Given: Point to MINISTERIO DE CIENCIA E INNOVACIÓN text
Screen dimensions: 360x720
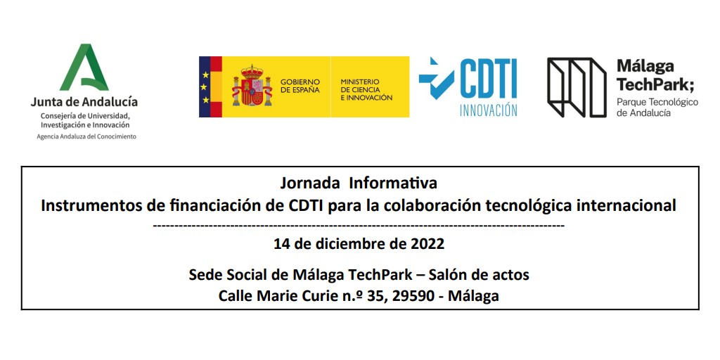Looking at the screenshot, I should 366,90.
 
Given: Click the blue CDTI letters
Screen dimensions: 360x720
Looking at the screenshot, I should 488,78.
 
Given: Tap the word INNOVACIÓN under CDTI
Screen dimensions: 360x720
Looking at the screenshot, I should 488,110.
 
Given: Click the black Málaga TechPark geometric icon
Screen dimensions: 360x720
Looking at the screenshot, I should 577,87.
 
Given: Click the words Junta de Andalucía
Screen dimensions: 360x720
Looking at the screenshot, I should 84,103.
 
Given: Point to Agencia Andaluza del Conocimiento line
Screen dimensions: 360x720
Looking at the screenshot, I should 86,136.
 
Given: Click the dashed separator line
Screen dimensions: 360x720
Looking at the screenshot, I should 359,226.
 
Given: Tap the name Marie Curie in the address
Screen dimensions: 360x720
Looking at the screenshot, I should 297,296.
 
